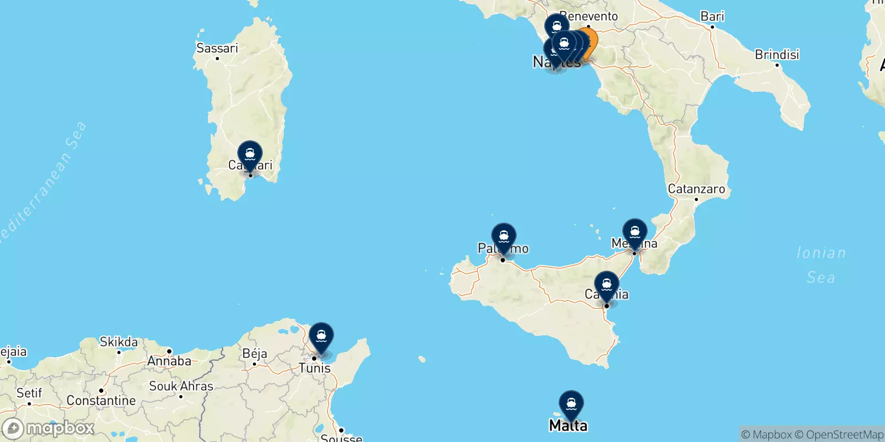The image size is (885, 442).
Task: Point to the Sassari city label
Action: pos(217,48)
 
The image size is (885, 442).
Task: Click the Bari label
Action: pos(712,17)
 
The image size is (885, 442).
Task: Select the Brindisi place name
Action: pos(777,55)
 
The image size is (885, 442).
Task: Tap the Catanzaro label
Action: pos(696,189)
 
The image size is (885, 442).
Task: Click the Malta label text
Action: pos(568,425)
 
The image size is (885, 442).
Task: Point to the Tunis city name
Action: pos(314,368)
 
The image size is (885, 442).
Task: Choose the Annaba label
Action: pos(169,361)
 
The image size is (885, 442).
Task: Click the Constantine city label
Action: pos(101,401)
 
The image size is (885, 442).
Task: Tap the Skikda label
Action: pos(118,342)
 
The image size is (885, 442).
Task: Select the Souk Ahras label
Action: pos(181,386)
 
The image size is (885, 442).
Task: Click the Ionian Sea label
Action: pos(821,265)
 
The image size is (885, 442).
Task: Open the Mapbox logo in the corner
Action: pos(49,428)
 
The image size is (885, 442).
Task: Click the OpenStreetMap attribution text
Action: pos(844,435)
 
